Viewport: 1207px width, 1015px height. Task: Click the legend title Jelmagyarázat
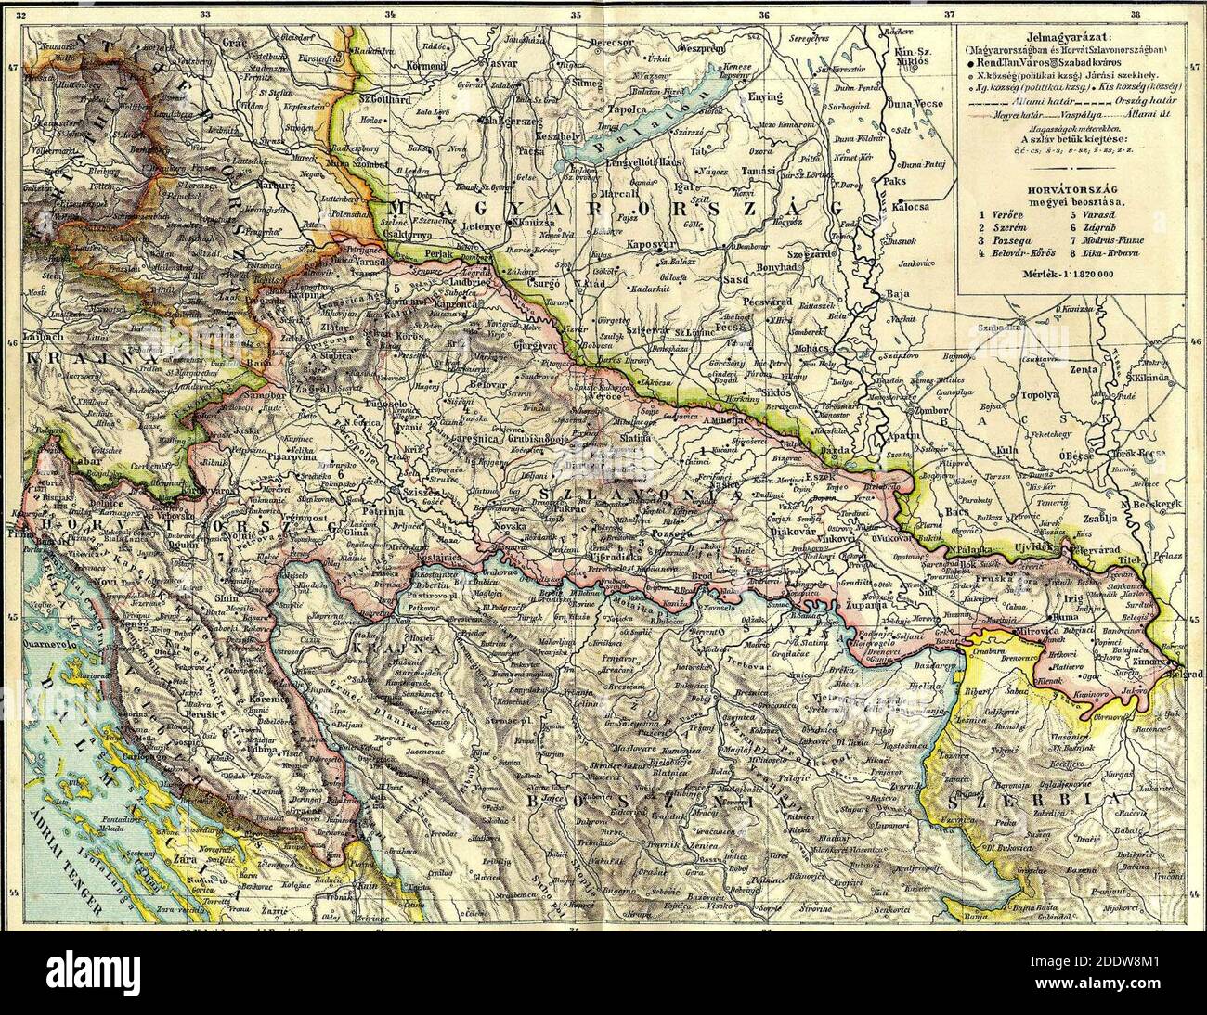(1065, 33)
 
